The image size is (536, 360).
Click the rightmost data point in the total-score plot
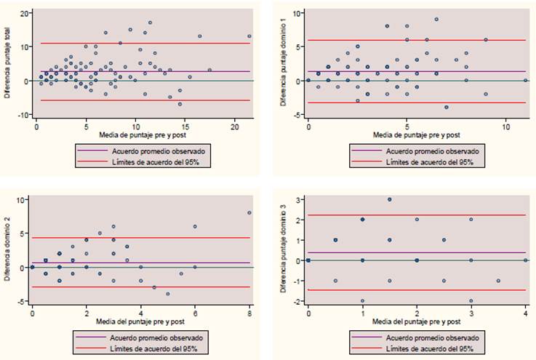tap(249, 36)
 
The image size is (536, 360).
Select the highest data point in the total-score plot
tap(150, 23)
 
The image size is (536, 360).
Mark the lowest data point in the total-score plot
tap(180, 104)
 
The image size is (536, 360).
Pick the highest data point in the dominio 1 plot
tap(436, 20)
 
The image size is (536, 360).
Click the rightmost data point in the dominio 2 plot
tap(249, 213)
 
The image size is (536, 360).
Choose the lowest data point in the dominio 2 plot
tap(168, 294)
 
